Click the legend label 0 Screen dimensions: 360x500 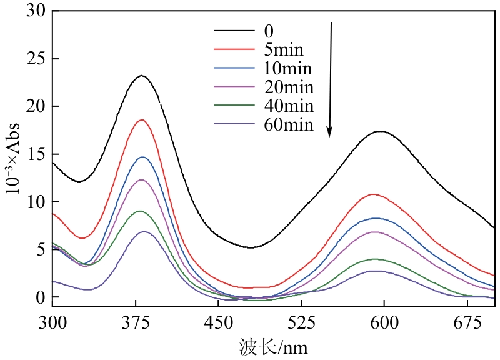269,30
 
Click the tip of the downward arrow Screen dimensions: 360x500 330,136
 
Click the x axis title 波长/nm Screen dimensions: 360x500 273,346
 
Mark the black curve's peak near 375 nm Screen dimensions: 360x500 142,76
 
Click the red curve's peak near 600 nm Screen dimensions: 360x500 374,194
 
